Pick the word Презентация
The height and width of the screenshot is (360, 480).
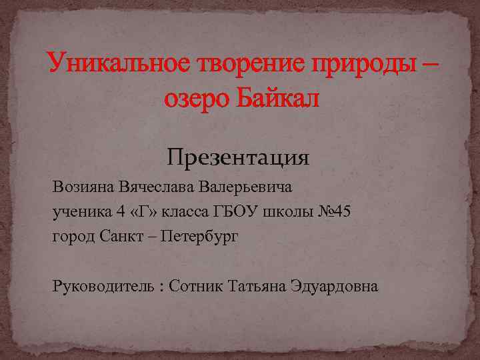click(x=238, y=158)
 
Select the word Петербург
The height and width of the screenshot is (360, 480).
click(x=203, y=237)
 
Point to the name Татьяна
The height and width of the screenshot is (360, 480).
click(x=257, y=286)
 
